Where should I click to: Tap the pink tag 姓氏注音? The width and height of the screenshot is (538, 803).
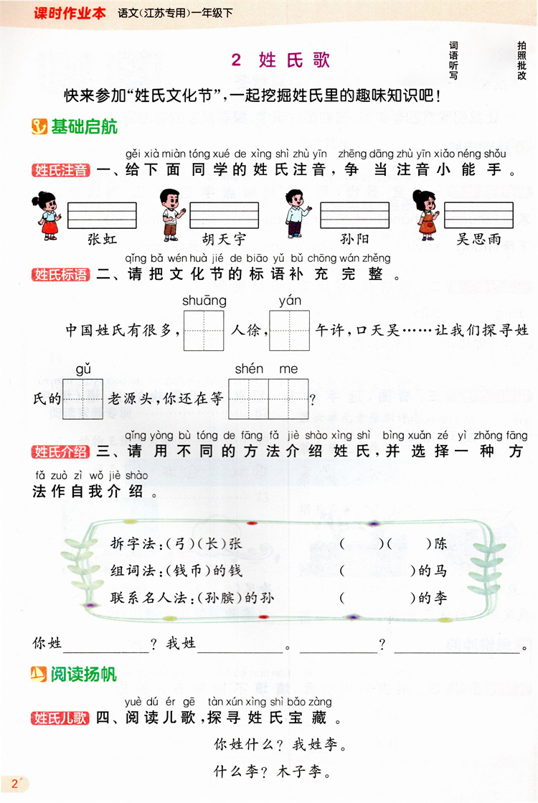click(61, 171)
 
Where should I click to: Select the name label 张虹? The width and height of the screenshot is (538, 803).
click(101, 239)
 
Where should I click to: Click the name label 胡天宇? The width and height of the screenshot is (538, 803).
click(223, 239)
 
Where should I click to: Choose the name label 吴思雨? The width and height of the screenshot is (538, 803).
click(478, 239)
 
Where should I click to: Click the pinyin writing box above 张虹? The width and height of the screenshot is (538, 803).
click(101, 215)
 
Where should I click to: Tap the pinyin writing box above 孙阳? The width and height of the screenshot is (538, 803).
click(354, 215)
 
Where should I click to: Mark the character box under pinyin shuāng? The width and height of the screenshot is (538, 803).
click(204, 331)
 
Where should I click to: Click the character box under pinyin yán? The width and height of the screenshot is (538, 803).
click(290, 331)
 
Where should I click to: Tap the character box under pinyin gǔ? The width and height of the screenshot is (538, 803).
click(83, 398)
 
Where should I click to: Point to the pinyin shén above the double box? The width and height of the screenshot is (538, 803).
click(249, 369)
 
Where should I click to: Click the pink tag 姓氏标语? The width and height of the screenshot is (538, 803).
click(61, 275)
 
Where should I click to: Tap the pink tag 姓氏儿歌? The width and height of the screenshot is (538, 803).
click(61, 718)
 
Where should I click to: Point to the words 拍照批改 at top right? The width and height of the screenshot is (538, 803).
click(522, 60)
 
